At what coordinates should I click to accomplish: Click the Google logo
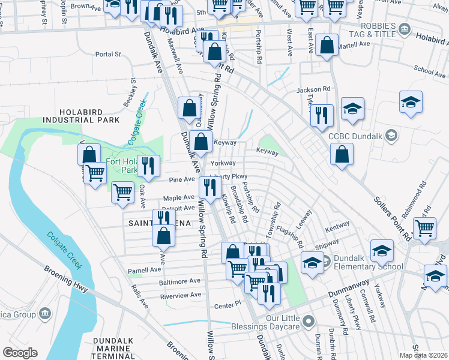click(x=20, y=352)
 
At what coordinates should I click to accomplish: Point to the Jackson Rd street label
click(x=313, y=89)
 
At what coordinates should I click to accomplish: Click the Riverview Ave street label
click(x=180, y=295)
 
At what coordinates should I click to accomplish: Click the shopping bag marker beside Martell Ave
click(x=327, y=46)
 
